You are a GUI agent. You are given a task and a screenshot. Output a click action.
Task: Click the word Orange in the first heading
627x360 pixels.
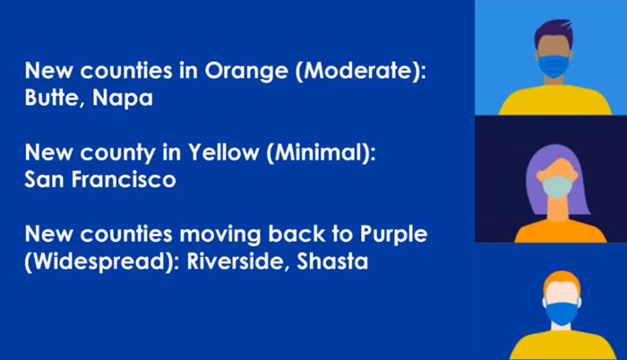click(246, 72)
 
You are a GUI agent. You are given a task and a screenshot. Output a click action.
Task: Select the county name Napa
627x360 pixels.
click(123, 99)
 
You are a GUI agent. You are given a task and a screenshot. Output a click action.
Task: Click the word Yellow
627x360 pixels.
click(224, 152)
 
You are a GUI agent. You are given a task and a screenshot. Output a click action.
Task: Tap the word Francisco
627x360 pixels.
click(124, 179)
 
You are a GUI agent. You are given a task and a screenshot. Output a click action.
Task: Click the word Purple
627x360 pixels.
click(393, 235)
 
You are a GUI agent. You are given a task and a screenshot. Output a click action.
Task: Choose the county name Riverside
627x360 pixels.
click(239, 261)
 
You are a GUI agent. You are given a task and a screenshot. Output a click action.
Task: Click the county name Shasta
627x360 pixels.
click(332, 261)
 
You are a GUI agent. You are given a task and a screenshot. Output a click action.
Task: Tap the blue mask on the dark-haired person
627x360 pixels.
click(554, 66)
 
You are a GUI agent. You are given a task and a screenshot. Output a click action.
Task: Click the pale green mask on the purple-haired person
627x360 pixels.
click(556, 187)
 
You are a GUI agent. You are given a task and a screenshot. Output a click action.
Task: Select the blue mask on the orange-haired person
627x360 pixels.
click(562, 313)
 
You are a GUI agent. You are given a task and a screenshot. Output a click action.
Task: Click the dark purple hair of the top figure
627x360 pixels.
click(554, 32)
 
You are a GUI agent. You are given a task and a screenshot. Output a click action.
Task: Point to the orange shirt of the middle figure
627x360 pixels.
click(560, 232)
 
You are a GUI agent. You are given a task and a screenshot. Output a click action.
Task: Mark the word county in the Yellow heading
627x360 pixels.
click(117, 153)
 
